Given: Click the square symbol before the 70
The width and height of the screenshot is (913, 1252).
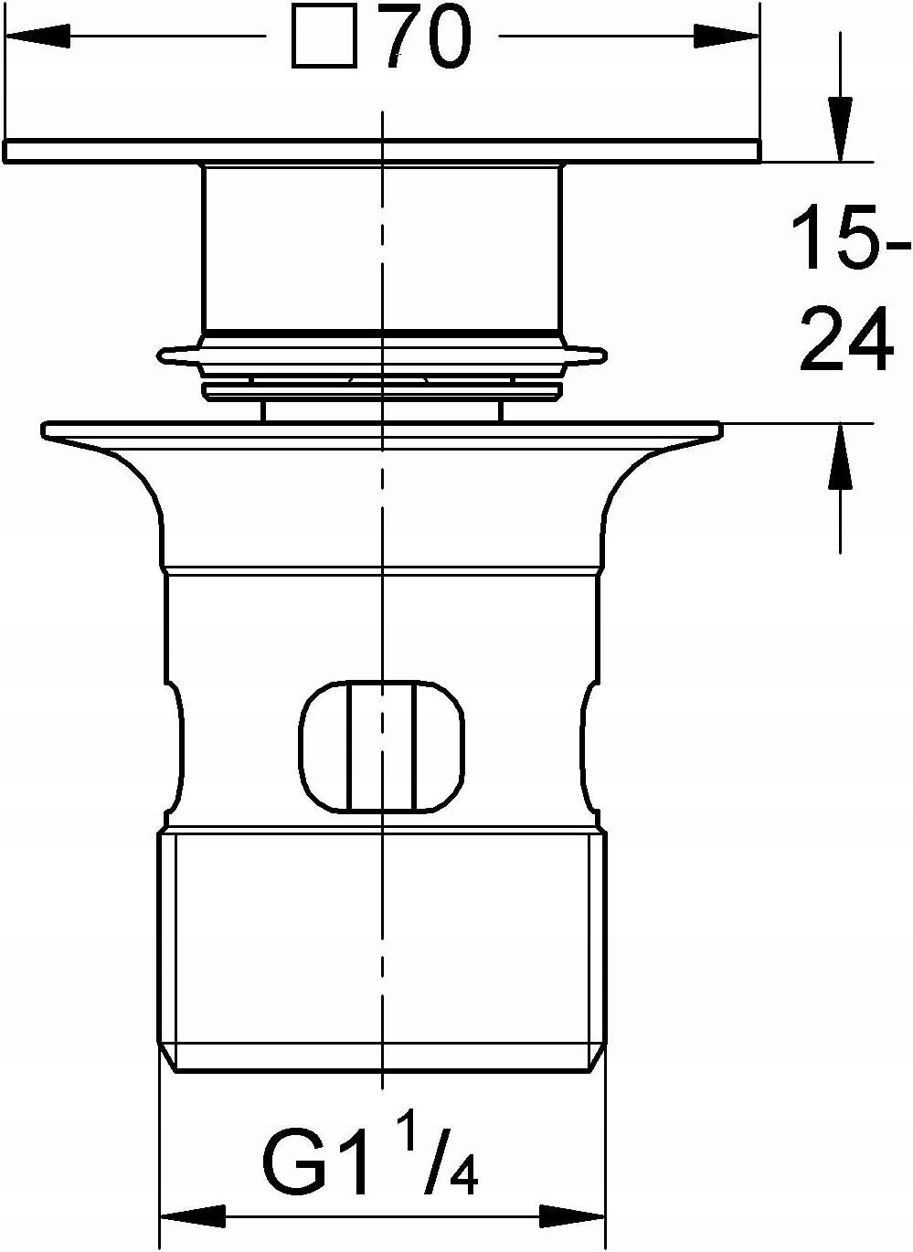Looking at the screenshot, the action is coord(324,37).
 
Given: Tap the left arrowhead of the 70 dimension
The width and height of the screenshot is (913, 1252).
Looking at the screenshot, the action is coord(37,37).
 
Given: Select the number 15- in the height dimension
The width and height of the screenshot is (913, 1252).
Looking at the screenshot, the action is coord(850,237).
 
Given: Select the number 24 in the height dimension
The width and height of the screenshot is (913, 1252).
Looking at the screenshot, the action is coord(846,338).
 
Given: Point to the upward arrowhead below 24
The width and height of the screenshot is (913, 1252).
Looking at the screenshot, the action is coord(840,457).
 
